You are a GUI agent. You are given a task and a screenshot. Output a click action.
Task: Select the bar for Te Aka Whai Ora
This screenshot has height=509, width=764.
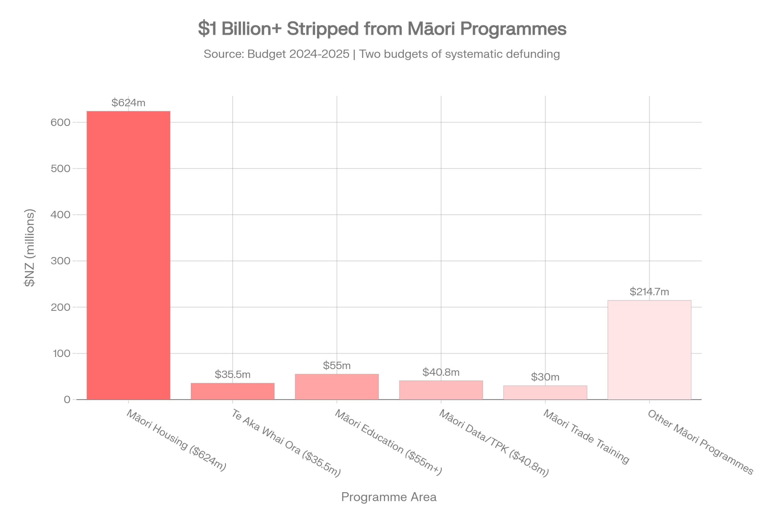pos(232,391)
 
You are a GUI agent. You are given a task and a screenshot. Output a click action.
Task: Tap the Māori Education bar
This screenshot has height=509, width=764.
pos(337,387)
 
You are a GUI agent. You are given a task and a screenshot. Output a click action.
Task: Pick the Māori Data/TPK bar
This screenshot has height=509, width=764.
pos(441,390)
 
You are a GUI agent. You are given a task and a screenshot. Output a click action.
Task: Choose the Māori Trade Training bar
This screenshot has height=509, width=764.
pos(545,393)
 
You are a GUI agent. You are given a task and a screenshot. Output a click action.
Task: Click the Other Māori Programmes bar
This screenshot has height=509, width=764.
pos(649,350)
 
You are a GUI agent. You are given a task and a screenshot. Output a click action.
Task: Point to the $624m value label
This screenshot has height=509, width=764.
pos(128,103)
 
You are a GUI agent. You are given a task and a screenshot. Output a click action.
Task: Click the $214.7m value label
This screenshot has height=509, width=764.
pos(649,292)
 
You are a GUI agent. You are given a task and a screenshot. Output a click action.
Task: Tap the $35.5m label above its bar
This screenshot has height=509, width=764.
pos(232,374)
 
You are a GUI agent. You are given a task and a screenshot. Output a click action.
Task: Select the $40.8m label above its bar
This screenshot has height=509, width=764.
pos(441,372)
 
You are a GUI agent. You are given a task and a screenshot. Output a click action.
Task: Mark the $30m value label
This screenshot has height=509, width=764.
pos(545,377)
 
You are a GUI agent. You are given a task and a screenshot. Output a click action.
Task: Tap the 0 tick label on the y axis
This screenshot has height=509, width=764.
pos(68,400)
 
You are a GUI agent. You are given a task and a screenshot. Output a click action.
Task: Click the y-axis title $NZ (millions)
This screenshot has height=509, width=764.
pos(30,247)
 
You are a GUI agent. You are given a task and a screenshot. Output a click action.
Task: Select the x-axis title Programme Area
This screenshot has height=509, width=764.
pos(388,497)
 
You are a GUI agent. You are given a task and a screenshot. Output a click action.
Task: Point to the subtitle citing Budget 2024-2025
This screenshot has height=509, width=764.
pos(382,54)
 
